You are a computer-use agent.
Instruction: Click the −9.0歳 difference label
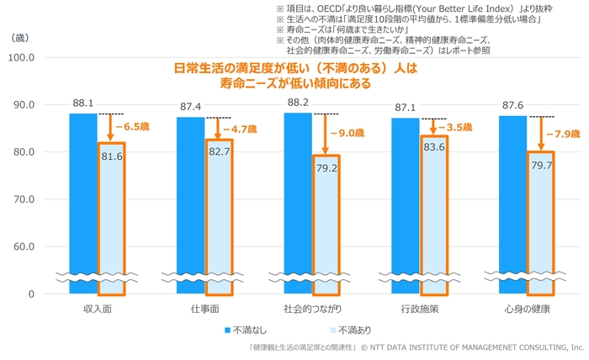[346, 133]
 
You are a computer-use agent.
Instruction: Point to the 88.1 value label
[83, 103]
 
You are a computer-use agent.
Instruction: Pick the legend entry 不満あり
[333, 331]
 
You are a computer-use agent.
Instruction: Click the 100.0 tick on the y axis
[19, 58]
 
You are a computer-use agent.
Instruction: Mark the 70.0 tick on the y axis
[19, 200]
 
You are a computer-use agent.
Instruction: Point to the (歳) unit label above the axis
[19, 40]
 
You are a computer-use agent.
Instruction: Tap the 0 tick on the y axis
[29, 294]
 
